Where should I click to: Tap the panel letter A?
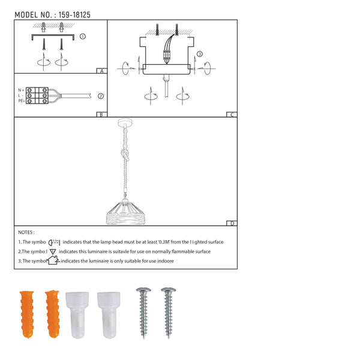click(101, 71)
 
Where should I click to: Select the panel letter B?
click(101, 114)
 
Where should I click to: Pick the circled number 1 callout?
click(82, 36)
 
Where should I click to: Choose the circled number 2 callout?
click(101, 95)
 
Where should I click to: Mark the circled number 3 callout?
click(200, 54)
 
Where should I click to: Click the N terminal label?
click(21, 89)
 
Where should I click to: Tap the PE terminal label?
click(21, 101)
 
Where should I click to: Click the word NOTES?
click(26, 232)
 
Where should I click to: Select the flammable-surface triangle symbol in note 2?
click(53, 251)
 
